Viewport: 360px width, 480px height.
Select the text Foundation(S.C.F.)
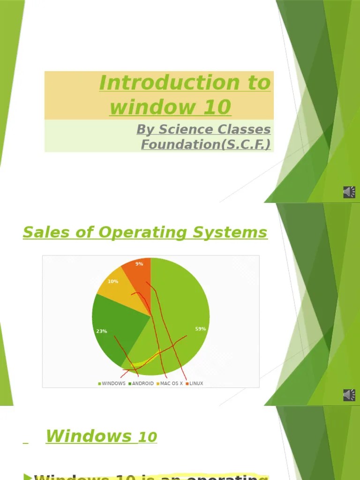point(206,144)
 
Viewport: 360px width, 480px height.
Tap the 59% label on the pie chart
point(201,329)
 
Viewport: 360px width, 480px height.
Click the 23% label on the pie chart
point(102,331)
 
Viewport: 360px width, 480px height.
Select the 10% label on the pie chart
point(113,282)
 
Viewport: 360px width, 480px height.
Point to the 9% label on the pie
point(139,264)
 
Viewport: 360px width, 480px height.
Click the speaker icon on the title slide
point(349,192)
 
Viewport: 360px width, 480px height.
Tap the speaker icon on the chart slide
point(349,395)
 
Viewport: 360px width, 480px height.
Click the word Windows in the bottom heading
point(89,436)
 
